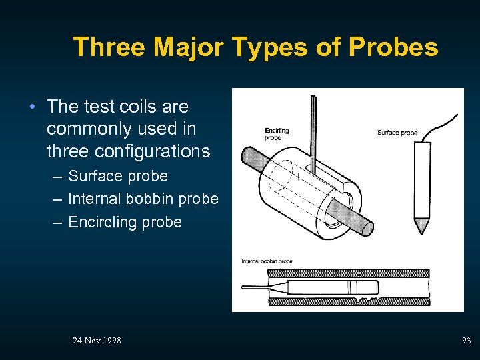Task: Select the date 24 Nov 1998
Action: click(x=97, y=341)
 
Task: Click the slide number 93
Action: click(x=466, y=341)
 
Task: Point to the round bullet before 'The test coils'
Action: click(x=31, y=107)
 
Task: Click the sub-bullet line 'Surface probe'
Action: click(x=118, y=176)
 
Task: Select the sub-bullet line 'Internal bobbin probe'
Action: click(x=143, y=199)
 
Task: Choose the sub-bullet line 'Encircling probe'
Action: click(x=125, y=221)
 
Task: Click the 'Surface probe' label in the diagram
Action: click(x=397, y=133)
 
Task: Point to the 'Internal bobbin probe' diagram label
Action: click(x=267, y=261)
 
